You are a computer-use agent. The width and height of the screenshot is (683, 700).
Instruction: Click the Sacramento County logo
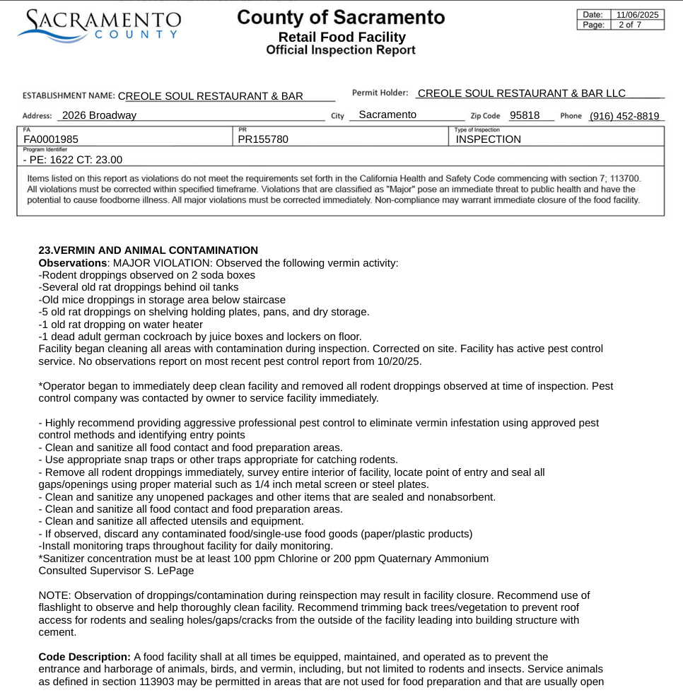pos(99,24)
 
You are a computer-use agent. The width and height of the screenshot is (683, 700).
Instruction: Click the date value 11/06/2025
pos(637,14)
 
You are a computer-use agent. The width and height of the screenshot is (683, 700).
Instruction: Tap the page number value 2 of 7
pos(629,25)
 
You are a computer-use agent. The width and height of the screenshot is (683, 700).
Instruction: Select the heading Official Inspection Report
pos(341,50)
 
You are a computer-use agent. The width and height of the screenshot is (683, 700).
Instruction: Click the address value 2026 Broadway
pos(99,115)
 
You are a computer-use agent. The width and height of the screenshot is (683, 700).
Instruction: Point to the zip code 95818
pos(525,115)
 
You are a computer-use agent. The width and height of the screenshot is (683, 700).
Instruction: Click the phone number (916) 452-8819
pos(624,116)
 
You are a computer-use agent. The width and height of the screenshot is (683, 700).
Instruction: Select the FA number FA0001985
pos(51,139)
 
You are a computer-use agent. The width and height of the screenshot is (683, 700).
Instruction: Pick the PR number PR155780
pos(263,139)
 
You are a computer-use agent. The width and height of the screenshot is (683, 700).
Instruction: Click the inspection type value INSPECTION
pos(488,139)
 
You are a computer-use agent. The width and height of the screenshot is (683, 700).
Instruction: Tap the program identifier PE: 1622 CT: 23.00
pos(73,160)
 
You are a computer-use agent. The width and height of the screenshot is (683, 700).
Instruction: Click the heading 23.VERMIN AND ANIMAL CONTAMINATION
pos(148,250)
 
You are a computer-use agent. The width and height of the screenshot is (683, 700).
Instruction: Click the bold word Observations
pos(72,263)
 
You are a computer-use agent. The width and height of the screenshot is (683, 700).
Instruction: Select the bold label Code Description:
pos(84,657)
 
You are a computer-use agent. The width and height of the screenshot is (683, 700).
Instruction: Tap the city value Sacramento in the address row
pos(387,115)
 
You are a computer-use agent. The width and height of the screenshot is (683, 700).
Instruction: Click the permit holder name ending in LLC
pos(522,93)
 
